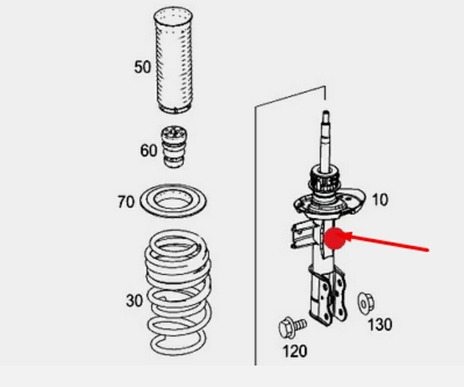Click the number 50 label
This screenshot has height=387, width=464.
click(x=142, y=67)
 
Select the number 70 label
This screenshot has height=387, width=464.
click(x=126, y=202)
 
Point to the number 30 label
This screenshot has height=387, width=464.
click(x=134, y=300)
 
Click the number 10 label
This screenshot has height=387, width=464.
click(x=380, y=200)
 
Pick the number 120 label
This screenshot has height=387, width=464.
click(x=295, y=351)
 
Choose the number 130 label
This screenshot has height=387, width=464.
click(x=380, y=324)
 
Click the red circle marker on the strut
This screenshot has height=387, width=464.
click(x=335, y=239)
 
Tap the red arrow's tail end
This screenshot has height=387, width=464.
click(x=428, y=251)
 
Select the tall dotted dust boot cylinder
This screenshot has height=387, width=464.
click(x=174, y=60)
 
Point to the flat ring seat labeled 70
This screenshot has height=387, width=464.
click(x=173, y=201)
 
